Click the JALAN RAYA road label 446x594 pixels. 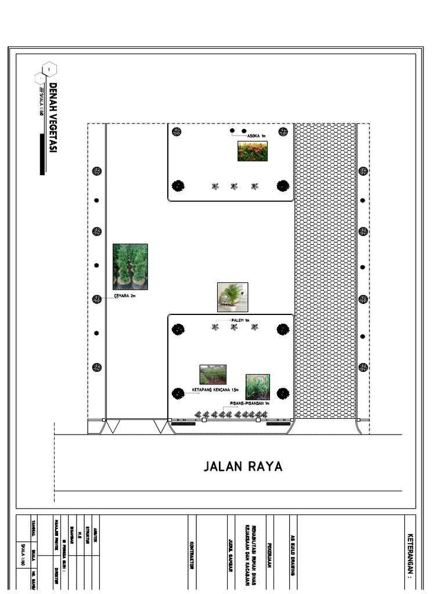pyautogui.click(x=243, y=466)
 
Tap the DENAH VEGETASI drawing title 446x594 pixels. pyautogui.click(x=53, y=118)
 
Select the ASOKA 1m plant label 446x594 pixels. pyautogui.click(x=256, y=136)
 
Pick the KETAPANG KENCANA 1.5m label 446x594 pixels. pyautogui.click(x=215, y=390)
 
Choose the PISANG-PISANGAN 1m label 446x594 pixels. pyautogui.click(x=250, y=403)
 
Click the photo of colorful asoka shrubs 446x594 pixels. pyautogui.click(x=253, y=151)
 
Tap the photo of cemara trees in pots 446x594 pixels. pyautogui.click(x=130, y=267)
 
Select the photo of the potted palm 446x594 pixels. pyautogui.click(x=232, y=297)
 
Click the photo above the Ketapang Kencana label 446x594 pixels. pyautogui.click(x=213, y=375)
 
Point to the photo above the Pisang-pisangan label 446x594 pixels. pyautogui.click(x=257, y=386)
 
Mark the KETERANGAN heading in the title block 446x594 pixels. pyautogui.click(x=411, y=556)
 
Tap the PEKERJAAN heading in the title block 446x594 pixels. pyautogui.click(x=271, y=556)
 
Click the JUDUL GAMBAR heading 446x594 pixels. pyautogui.click(x=231, y=556)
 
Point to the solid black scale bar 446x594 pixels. pyautogui.click(x=42, y=154)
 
